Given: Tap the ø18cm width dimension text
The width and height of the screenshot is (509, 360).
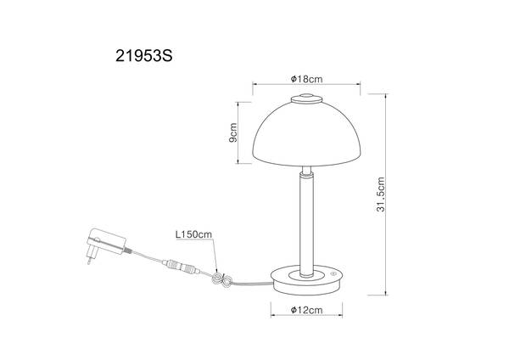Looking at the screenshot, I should pos(307,78).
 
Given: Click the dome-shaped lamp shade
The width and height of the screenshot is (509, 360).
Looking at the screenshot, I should pos(306,136).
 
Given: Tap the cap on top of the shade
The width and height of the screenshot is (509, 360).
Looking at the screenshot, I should pos(307,101).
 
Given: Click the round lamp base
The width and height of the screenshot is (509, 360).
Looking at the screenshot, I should pos(307,277).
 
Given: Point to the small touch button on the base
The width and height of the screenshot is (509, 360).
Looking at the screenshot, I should pos(335,274).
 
